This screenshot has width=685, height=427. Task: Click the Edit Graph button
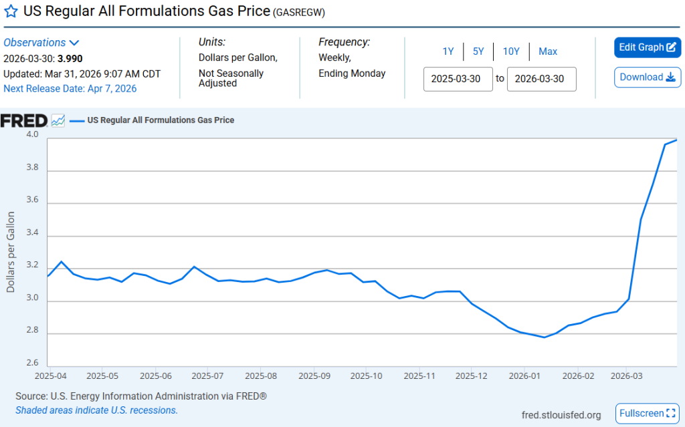tap(647, 47)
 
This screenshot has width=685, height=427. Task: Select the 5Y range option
tap(478, 51)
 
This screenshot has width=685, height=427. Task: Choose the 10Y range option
tap(511, 51)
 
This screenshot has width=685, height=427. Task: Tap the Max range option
tap(548, 51)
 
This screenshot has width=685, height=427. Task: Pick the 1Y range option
tap(448, 51)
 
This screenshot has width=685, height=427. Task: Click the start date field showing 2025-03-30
tap(458, 79)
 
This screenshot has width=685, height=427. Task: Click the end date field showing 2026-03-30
tap(541, 79)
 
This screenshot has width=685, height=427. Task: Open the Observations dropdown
tap(41, 43)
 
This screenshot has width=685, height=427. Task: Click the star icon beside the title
tap(11, 12)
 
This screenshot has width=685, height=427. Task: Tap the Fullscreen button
tap(647, 413)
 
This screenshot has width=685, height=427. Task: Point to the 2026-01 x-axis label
tap(525, 376)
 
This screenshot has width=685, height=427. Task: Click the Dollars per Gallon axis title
tap(11, 252)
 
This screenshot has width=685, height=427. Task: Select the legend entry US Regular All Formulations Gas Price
tap(161, 121)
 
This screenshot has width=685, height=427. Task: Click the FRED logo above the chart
tap(24, 121)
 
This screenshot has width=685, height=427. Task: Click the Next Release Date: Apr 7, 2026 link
tap(70, 89)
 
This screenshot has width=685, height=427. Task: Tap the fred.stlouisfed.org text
tap(561, 414)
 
